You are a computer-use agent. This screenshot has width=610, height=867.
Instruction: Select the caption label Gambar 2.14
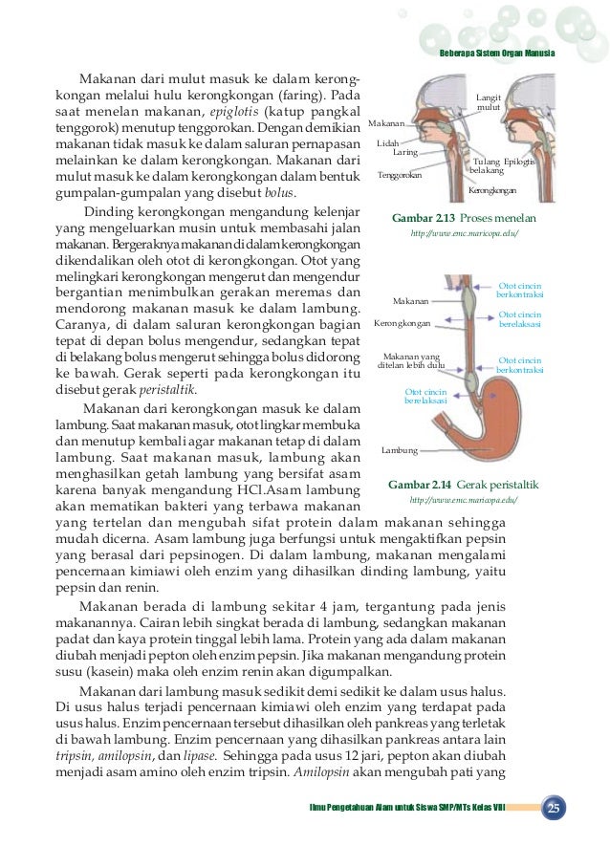pyautogui.click(x=423, y=485)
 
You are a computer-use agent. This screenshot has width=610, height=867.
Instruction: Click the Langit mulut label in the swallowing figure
pyautogui.click(x=489, y=102)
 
